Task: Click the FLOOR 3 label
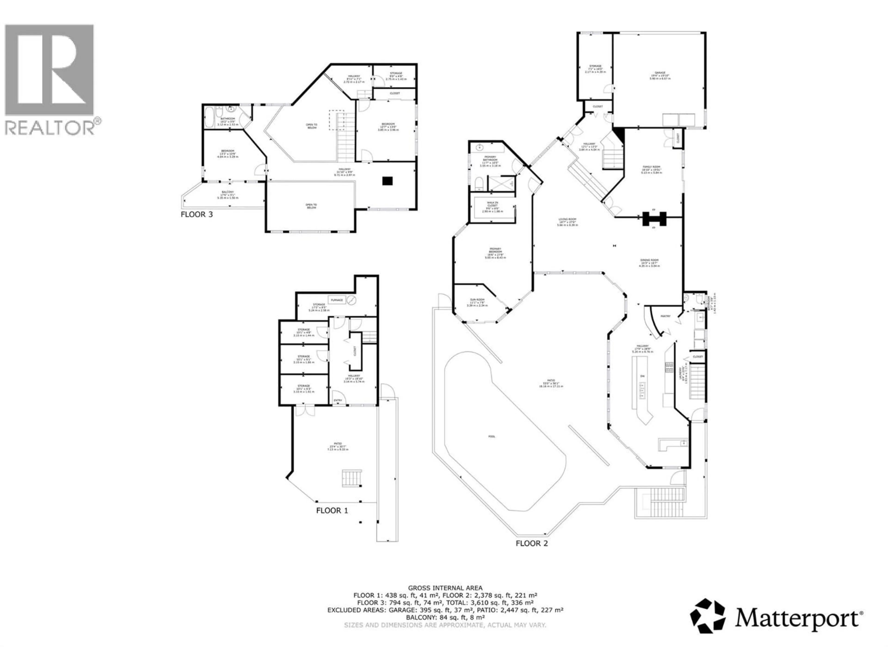[197, 214]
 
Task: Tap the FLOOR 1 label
[332, 511]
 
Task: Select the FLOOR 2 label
[531, 544]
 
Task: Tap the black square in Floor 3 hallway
[387, 181]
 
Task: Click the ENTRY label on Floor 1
[338, 400]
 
